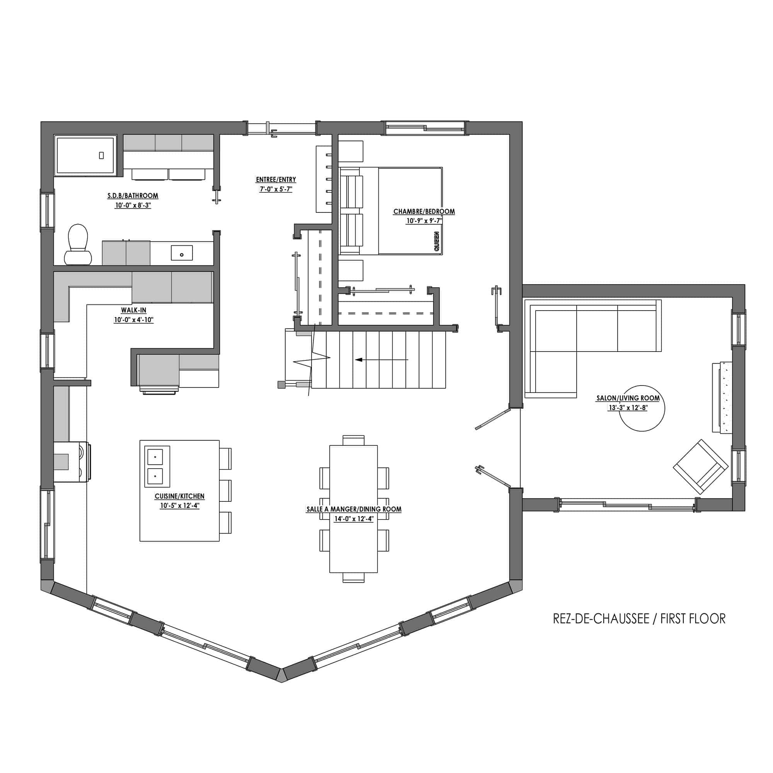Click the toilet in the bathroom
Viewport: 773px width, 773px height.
tap(78, 245)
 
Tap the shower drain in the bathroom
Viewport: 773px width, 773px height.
tap(102, 155)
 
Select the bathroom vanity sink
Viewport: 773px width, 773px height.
tap(182, 253)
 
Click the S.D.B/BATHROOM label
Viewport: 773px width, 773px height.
tap(133, 195)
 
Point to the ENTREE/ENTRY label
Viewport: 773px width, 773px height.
tap(276, 180)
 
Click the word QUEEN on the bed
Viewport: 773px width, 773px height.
tap(436, 241)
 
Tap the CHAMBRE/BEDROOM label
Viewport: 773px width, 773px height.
tap(424, 211)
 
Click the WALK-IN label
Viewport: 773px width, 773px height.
tap(134, 310)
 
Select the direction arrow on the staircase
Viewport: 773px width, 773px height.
tap(382, 360)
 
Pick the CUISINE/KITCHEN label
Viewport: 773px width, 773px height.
tap(180, 496)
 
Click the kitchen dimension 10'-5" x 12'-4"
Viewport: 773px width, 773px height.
tap(180, 505)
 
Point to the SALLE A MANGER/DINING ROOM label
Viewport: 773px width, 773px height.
tap(354, 509)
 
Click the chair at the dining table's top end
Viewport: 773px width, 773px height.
tap(354, 440)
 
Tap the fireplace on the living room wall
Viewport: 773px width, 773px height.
tap(722, 397)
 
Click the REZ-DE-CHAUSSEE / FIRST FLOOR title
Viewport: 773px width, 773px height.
tap(639, 619)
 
